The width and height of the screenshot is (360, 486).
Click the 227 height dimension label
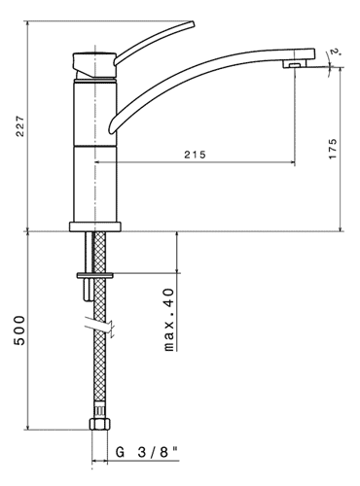(20, 126)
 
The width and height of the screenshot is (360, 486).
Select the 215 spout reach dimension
(196, 155)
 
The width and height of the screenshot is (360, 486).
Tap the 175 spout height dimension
(333, 149)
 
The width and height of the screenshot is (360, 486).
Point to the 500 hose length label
(19, 330)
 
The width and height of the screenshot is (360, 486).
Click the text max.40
(169, 320)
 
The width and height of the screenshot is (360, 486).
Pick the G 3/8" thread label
(148, 452)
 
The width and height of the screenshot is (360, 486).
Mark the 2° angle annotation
(335, 52)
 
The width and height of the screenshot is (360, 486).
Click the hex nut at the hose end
(100, 424)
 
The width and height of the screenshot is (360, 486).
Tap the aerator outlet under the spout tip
(295, 65)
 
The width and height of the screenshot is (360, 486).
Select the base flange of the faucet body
(95, 226)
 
